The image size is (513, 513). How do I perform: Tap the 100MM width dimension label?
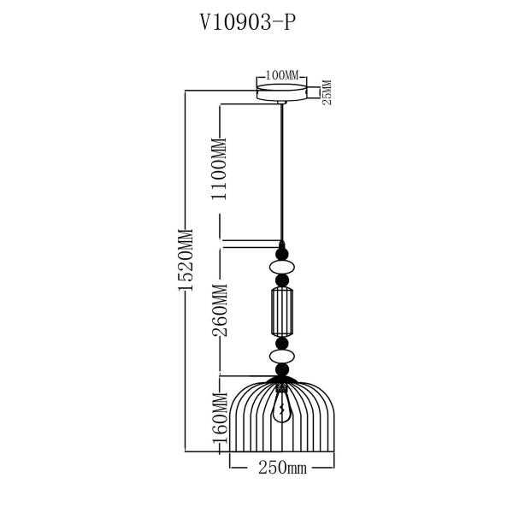click(281, 75)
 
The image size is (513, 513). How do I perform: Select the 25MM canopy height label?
click(326, 91)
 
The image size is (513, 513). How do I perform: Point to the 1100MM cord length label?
click(220, 168)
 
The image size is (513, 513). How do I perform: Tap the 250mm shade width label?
click(281, 468)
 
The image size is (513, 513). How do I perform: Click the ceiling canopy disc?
click(281, 91)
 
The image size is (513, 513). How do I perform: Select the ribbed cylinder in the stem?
click(281, 311)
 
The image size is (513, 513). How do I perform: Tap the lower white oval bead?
click(281, 355)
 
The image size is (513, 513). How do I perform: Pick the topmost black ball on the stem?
click(281, 252)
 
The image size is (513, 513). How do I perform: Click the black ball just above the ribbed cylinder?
click(281, 280)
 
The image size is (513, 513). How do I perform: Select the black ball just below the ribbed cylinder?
click(281, 342)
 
